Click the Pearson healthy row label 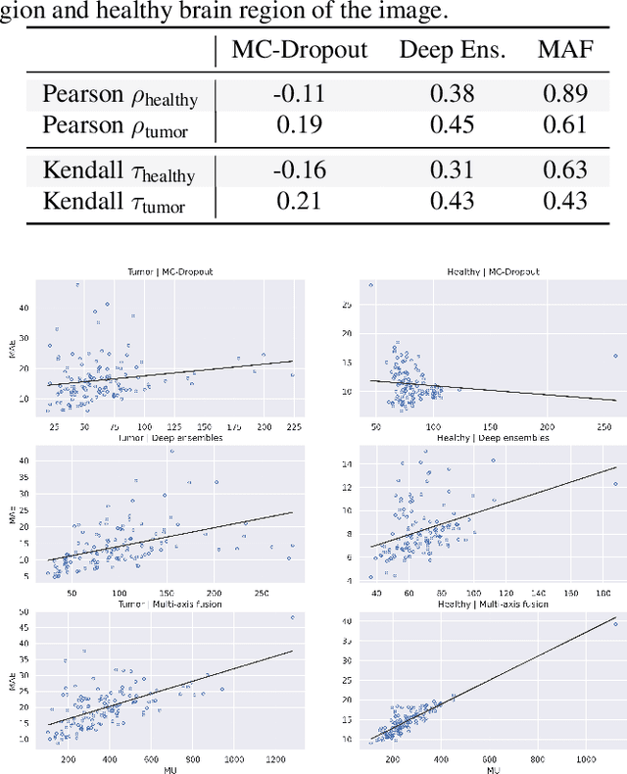pos(120,94)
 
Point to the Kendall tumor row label pos(114,202)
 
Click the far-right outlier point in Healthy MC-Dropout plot pos(615,356)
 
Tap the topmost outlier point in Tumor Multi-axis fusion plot pos(292,618)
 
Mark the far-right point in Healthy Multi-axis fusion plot pos(615,623)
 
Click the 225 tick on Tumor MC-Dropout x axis pos(292,428)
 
